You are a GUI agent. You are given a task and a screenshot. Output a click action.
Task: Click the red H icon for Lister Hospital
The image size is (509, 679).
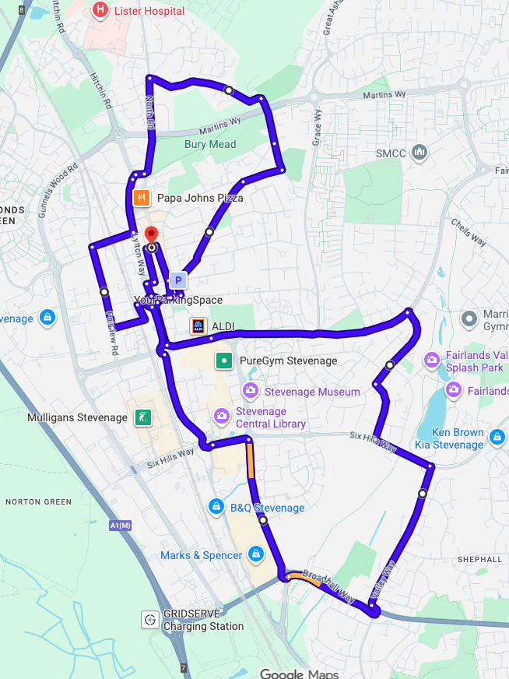(x=100, y=11)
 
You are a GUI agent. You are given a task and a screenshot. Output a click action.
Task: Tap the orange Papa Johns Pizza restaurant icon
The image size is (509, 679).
(x=141, y=198)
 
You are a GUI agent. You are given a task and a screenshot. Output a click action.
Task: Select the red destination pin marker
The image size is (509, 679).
(x=151, y=235)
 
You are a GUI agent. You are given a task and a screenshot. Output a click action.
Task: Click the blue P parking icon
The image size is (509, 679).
(x=178, y=280)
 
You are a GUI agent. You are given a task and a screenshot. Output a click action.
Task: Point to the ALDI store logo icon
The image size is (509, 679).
(x=198, y=326)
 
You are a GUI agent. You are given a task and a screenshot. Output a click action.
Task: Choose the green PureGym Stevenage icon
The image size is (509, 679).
(x=224, y=361)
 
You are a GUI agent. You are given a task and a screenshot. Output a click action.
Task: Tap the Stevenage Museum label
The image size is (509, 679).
(x=312, y=392)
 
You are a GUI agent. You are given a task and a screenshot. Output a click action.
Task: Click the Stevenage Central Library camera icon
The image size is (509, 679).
(x=221, y=417)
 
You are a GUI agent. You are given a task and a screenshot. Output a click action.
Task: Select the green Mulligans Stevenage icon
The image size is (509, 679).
(x=142, y=417)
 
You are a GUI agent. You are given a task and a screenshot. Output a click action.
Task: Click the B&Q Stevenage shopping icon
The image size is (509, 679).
(x=216, y=508)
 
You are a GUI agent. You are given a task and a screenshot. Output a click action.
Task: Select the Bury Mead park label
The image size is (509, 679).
(x=210, y=144)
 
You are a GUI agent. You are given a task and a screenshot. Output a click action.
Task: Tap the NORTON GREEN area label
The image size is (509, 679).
(x=39, y=501)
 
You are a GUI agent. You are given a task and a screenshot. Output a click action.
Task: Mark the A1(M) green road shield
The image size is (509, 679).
(x=121, y=526)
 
